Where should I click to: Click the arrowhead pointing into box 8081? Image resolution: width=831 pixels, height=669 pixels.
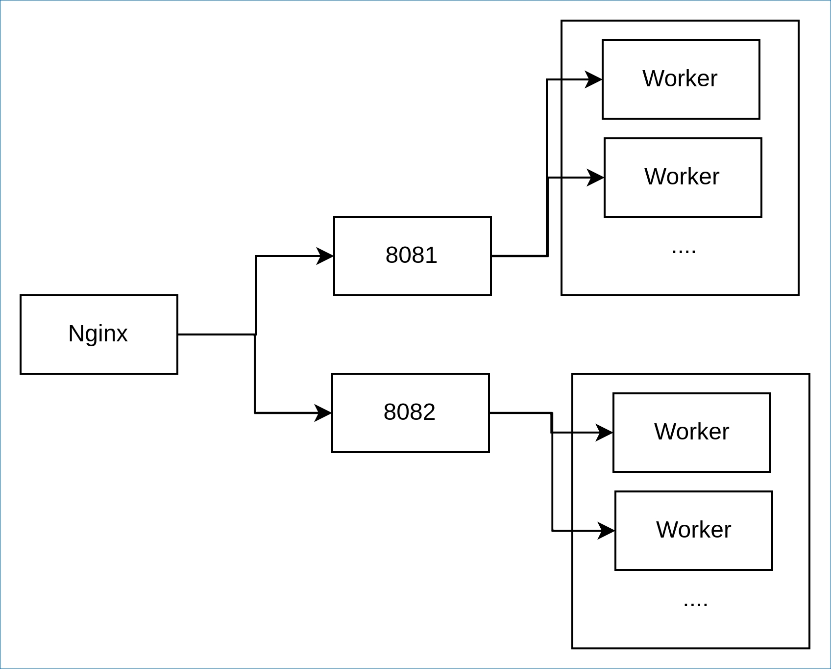[325, 256]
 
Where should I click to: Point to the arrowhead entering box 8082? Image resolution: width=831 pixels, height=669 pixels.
[323, 413]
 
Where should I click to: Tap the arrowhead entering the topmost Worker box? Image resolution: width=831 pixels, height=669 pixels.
[594, 79]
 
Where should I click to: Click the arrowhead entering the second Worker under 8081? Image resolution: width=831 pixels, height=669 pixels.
[596, 178]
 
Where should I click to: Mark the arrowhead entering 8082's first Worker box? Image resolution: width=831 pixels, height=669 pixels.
[605, 433]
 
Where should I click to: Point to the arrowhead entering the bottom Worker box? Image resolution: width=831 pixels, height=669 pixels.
[607, 531]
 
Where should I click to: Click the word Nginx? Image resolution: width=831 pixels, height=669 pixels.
[98, 334]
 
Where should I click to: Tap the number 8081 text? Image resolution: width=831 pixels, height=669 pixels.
[412, 255]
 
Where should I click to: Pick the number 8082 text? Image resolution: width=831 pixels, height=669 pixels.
[410, 412]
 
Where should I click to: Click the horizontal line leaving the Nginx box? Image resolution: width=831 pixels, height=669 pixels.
[217, 334]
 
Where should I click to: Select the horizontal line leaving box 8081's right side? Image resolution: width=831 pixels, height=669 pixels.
[519, 256]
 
